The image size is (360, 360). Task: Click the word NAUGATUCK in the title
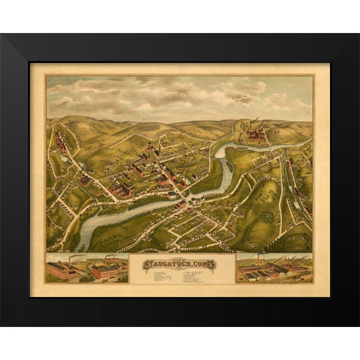(166, 264)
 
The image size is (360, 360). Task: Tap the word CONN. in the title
(203, 263)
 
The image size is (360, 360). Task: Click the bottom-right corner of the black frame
(357, 324)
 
